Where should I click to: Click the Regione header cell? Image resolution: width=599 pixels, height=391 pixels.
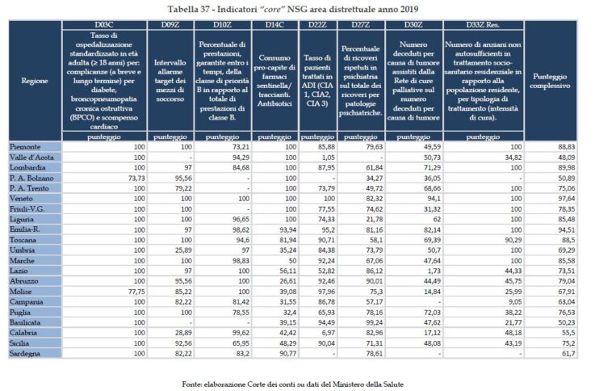coord(34,81)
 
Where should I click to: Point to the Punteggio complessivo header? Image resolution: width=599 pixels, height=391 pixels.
coord(551,81)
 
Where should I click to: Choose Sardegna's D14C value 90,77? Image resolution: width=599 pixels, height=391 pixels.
coord(280,354)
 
